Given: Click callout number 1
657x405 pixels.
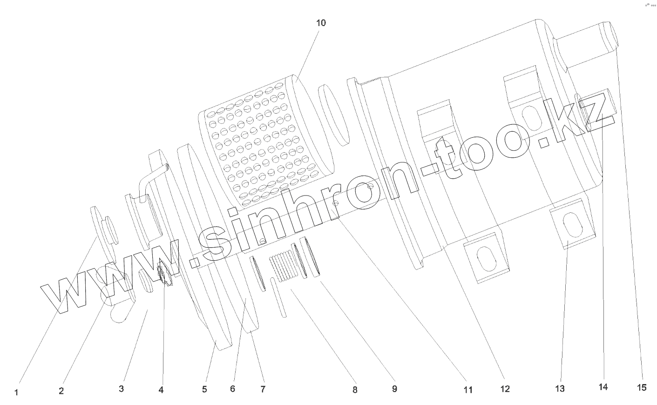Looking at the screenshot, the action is (x=16, y=392).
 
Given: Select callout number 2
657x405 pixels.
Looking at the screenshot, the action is (x=61, y=391).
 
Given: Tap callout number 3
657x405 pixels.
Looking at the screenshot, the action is (x=121, y=389).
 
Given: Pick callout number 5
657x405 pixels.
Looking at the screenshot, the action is (x=204, y=390).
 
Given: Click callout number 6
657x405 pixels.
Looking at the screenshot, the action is (x=233, y=389).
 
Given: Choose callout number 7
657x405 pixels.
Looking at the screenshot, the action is (x=263, y=389).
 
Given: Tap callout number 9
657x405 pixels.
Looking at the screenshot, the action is (x=394, y=389).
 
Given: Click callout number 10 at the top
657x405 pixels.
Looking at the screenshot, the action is (x=321, y=23).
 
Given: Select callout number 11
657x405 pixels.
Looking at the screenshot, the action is (x=467, y=390).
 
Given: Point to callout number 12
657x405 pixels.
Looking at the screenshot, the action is (x=505, y=389).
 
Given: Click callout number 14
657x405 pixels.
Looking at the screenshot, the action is (x=603, y=387).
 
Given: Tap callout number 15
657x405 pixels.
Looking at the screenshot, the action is (x=642, y=387).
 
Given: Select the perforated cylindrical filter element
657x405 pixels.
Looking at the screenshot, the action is (x=261, y=140).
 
